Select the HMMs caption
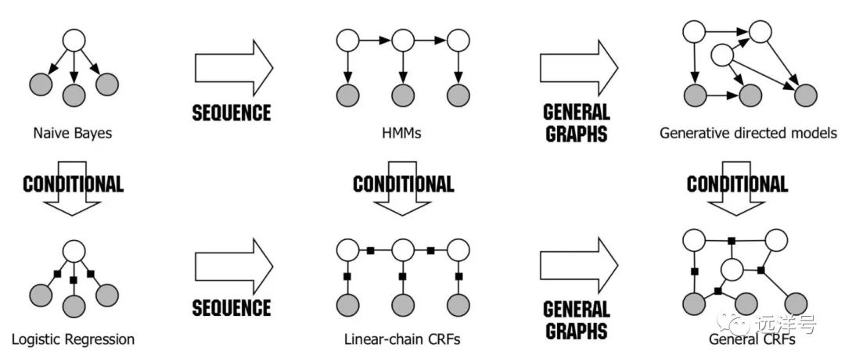[403, 133]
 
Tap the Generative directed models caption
[748, 133]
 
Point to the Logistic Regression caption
[73, 339]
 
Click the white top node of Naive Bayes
[73, 41]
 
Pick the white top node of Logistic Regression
[73, 250]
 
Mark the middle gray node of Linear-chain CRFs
[403, 304]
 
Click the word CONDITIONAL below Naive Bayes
[73, 185]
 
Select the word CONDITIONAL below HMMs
[403, 185]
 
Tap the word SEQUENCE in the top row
[232, 113]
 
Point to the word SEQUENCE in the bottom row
[232, 307]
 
